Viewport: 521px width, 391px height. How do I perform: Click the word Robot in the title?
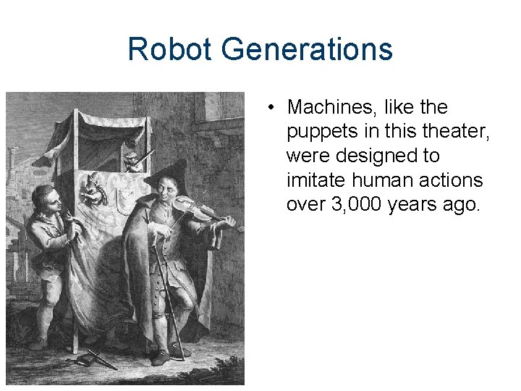[171, 50]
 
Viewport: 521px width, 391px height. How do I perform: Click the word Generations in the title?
[308, 50]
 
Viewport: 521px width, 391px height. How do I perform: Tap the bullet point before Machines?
[268, 108]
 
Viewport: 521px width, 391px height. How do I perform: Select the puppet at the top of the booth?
[135, 160]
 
